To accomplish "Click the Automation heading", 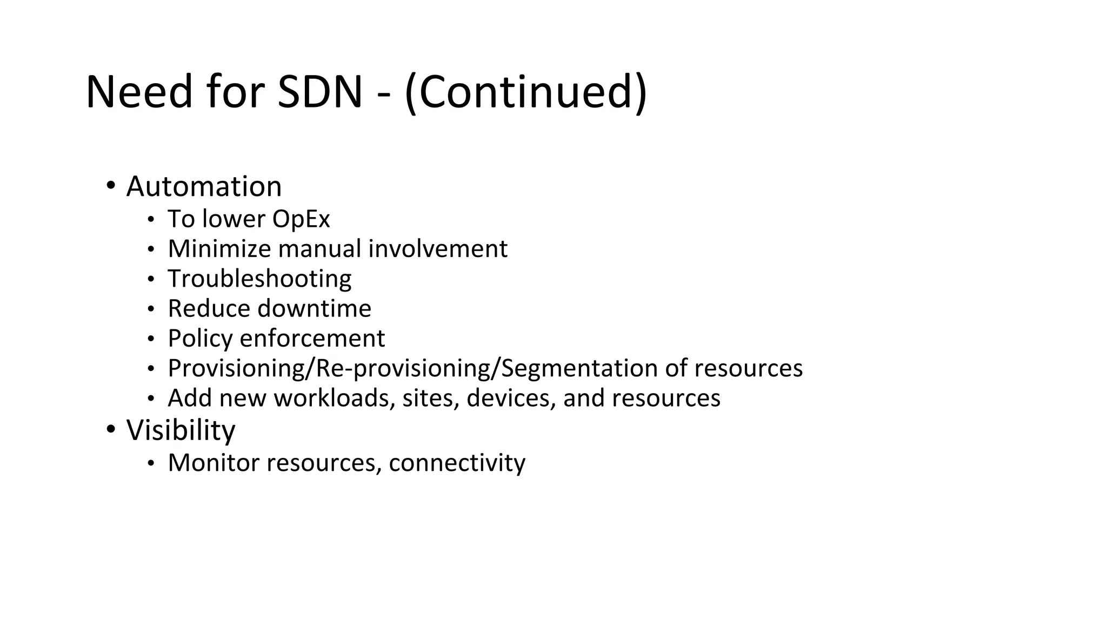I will (204, 186).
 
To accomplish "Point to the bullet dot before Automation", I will (111, 185).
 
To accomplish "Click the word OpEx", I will (301, 219).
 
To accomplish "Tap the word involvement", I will (438, 248).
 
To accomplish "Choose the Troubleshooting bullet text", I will (259, 279).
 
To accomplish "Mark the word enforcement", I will (312, 339).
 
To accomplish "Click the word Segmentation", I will (579, 368).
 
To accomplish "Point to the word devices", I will (511, 398).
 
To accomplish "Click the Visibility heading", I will (181, 430).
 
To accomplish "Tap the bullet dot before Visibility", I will (111, 429).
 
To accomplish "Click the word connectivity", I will (457, 463).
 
